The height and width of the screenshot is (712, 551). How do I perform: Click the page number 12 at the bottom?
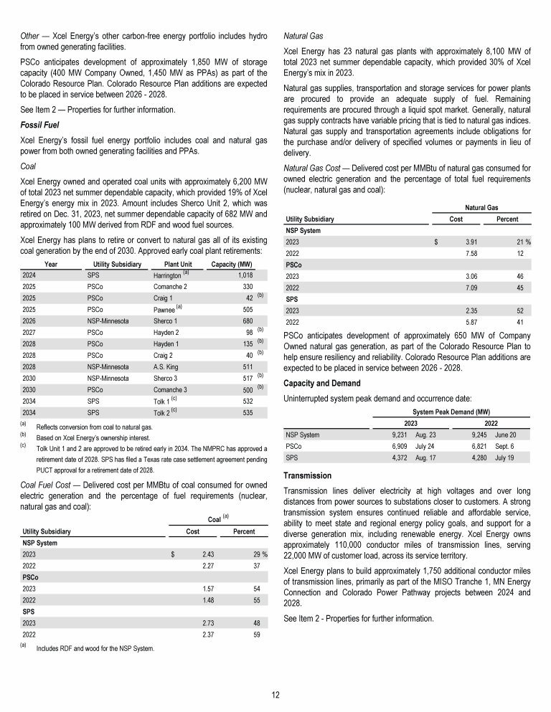pos(275,693)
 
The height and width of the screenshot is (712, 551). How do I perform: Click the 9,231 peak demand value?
pos(397,435)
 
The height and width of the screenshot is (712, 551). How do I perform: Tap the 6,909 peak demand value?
pos(397,445)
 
